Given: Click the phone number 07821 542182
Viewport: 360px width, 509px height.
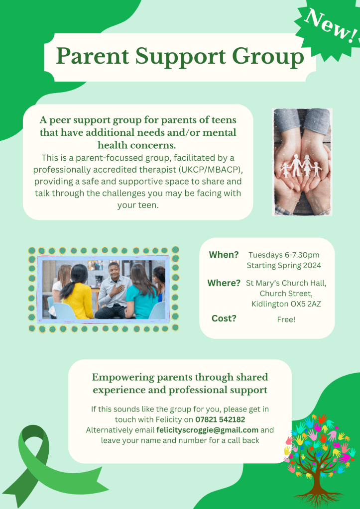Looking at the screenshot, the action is click(x=220, y=419).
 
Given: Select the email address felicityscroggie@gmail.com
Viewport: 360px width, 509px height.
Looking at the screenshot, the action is click(x=207, y=430).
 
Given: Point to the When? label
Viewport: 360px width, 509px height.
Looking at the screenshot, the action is click(x=224, y=255).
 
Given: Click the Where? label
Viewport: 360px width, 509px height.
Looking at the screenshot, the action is click(x=224, y=283).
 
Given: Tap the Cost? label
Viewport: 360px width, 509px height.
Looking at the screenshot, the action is click(x=224, y=318).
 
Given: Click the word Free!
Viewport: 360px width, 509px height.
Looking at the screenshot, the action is click(x=286, y=319).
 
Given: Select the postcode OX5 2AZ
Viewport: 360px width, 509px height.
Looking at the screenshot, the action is click(x=305, y=304).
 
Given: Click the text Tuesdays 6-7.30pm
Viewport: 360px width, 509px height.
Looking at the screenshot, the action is click(x=284, y=255).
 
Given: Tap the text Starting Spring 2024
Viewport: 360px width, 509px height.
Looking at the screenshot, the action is click(x=284, y=266).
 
